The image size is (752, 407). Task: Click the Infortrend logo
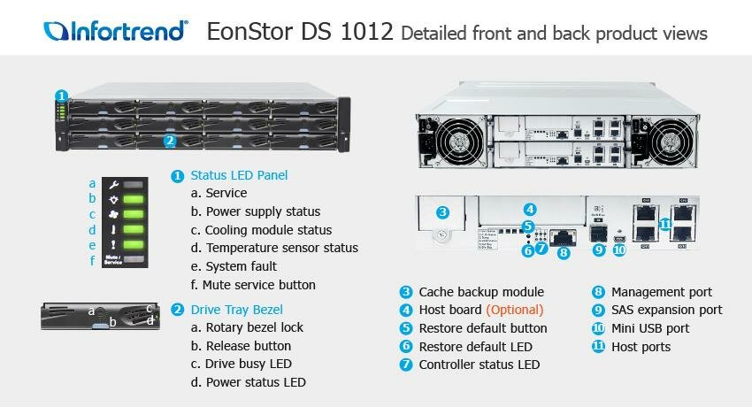116,32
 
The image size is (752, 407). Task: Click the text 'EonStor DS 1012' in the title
300,33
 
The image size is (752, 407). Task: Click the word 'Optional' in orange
515,310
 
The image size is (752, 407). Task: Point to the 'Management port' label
661,292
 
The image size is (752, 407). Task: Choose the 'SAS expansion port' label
666,310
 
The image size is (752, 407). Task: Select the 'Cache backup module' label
480,292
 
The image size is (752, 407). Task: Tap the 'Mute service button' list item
258,285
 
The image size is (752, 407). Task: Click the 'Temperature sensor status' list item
281,248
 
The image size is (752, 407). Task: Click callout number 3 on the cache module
443,212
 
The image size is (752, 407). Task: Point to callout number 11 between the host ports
665,225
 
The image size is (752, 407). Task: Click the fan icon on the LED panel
113,214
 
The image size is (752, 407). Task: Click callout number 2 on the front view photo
170,140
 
